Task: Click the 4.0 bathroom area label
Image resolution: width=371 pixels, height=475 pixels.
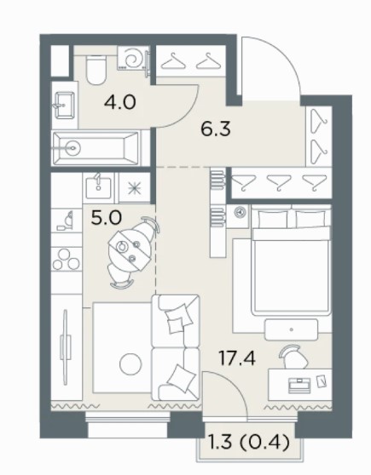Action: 119,102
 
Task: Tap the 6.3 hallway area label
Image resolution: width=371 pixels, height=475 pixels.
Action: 216,129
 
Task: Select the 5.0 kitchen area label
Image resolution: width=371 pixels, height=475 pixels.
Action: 107,218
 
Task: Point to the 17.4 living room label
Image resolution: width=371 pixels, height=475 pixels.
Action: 237,358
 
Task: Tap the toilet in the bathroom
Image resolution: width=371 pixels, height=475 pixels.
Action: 96,71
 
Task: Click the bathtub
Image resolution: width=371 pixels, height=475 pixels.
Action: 96,148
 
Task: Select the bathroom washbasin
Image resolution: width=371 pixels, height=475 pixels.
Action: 64,105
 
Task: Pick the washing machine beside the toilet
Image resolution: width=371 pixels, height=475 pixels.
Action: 134,59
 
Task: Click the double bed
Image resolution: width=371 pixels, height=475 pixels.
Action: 291,260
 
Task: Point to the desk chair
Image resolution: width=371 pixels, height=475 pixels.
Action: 291,356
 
